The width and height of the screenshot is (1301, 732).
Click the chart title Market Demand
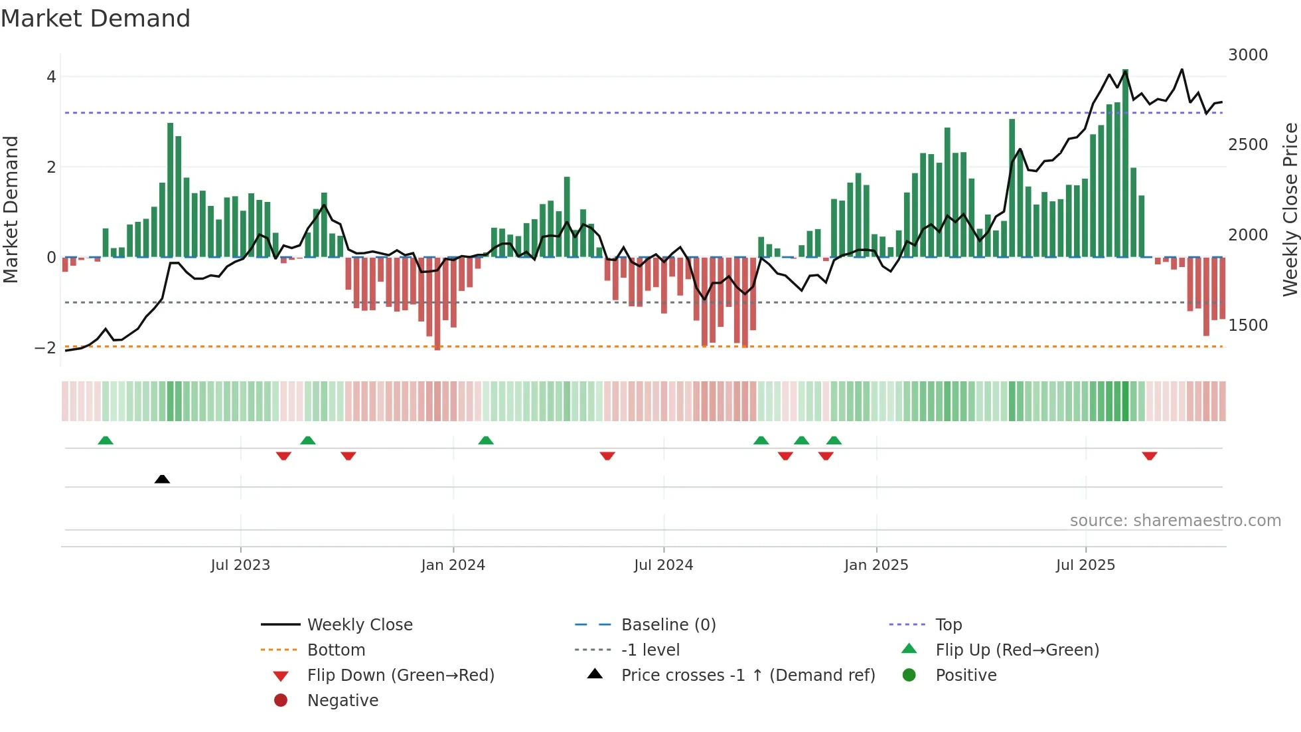(x=96, y=19)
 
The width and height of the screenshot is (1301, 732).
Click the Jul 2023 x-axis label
(x=240, y=565)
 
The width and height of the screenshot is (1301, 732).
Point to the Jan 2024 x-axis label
(x=453, y=565)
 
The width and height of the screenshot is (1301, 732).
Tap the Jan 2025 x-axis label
(x=876, y=565)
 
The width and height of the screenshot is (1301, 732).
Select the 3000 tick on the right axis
(x=1247, y=55)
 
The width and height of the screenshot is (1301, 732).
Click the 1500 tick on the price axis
(x=1247, y=325)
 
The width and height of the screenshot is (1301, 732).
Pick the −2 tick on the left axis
(x=46, y=348)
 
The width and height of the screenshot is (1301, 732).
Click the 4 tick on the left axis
(x=51, y=77)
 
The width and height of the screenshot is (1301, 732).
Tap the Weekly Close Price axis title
(x=1290, y=209)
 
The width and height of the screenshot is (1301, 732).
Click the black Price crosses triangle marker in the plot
(x=162, y=479)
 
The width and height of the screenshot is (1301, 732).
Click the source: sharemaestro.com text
(x=1175, y=521)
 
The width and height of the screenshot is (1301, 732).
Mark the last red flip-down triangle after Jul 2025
(x=1150, y=456)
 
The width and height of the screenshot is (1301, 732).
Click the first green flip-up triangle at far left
(x=106, y=440)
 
